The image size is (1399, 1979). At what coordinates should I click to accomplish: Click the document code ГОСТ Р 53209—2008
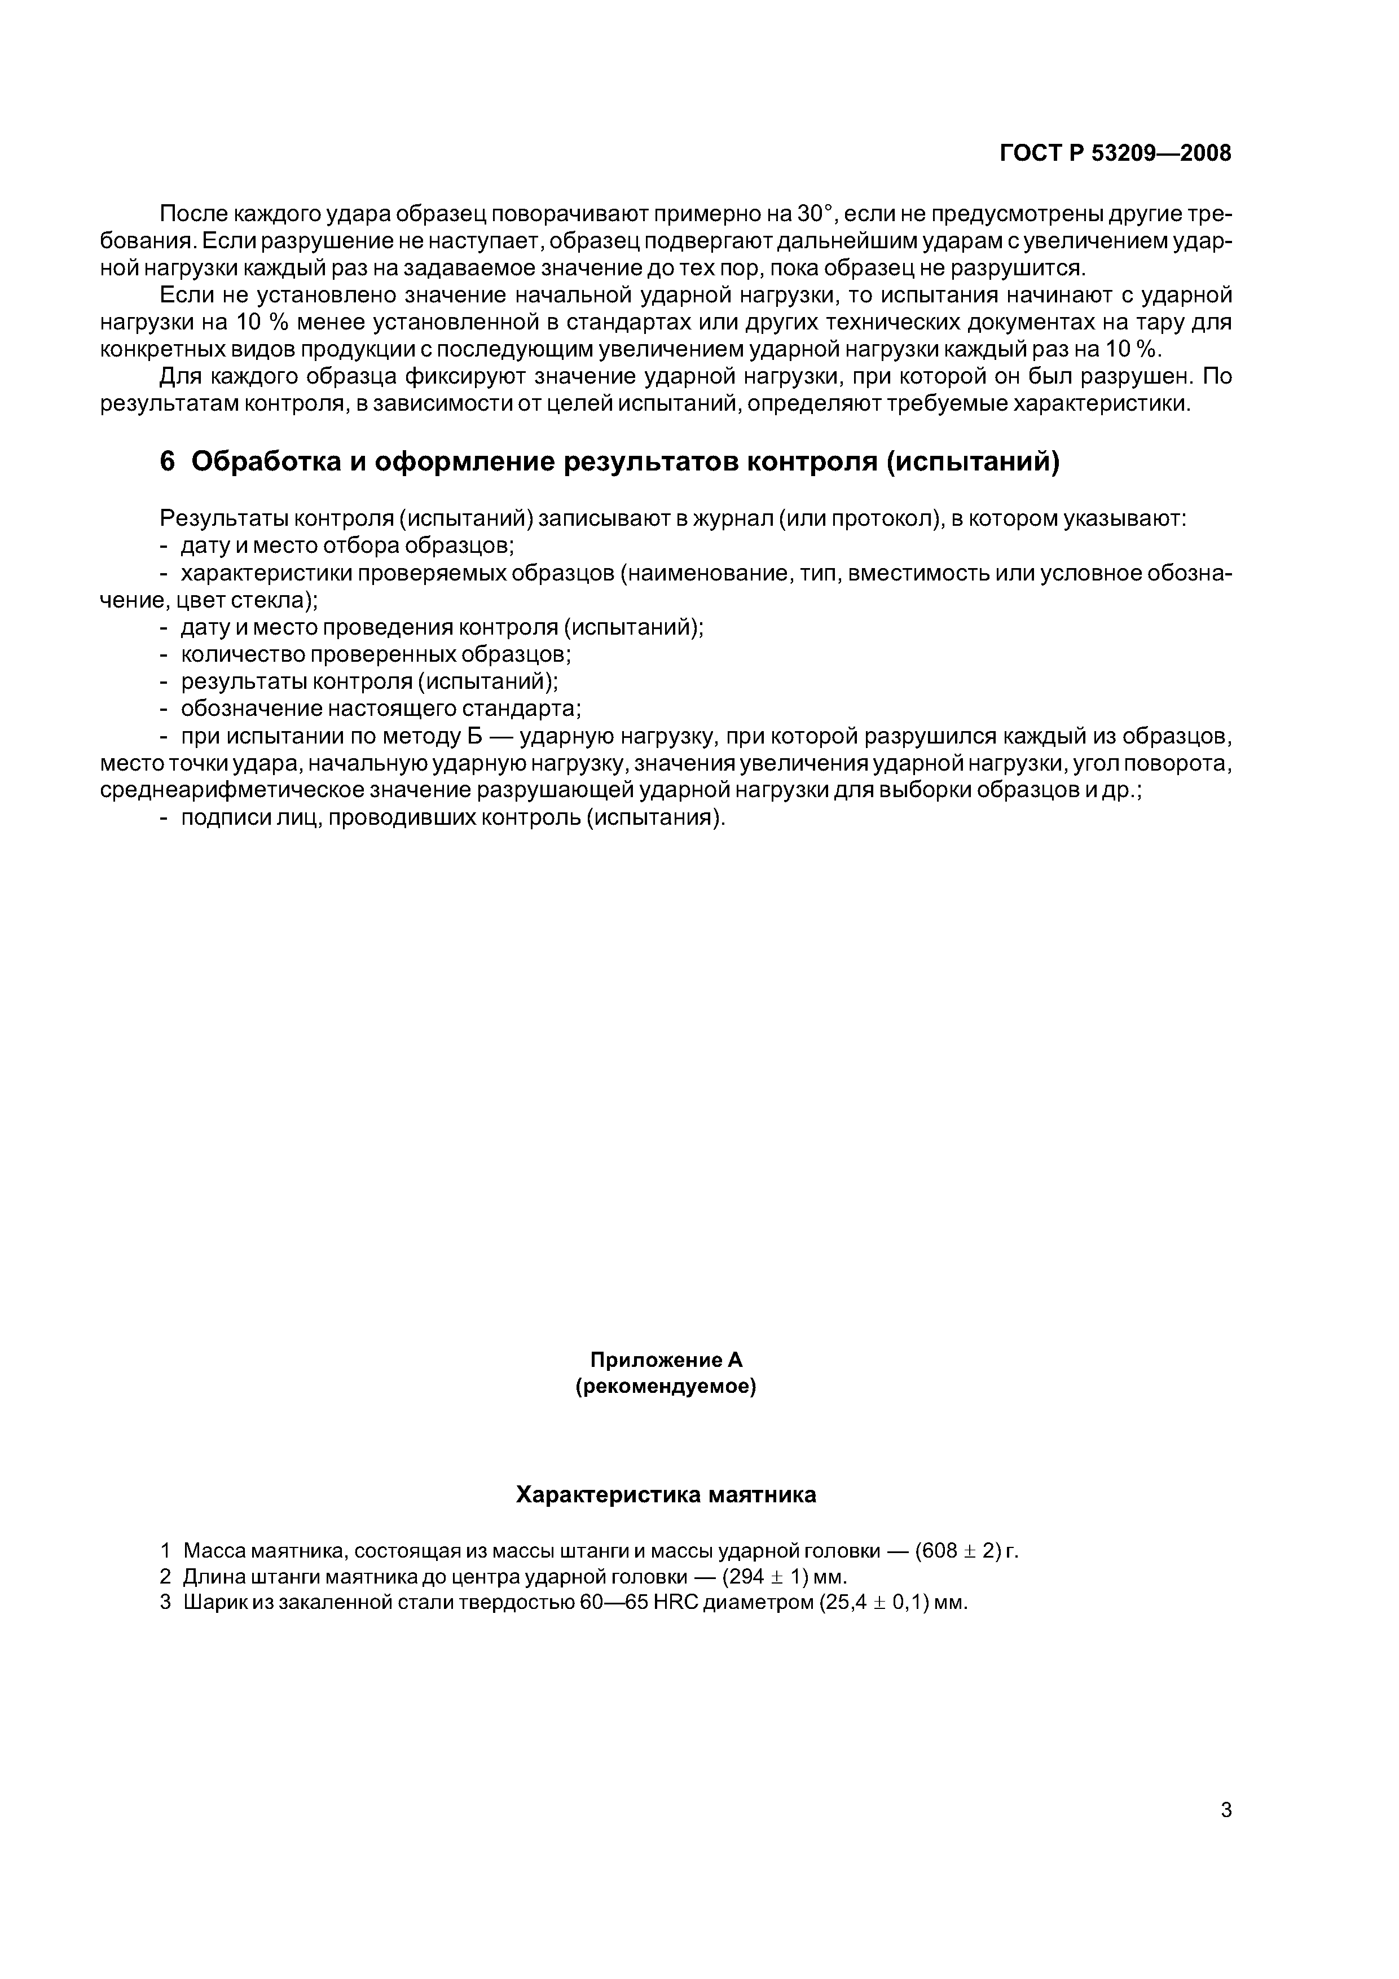(x=1115, y=153)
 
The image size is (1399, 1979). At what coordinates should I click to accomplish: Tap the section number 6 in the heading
(x=167, y=462)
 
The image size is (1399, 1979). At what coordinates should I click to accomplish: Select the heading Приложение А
(x=666, y=1359)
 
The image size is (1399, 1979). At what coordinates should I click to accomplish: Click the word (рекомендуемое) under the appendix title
(x=666, y=1387)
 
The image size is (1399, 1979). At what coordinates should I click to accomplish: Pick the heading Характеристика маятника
(x=666, y=1494)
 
